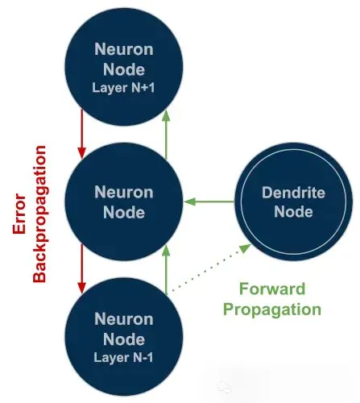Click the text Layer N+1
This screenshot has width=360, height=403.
pos(123,88)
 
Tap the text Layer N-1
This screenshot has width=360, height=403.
pos(123,357)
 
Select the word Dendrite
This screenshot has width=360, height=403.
pos(293,193)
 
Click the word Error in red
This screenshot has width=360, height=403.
pos(19,214)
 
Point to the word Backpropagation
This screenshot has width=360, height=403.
pos(39,214)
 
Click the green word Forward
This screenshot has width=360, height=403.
pos(272,289)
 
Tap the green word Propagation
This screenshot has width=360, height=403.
pos(272,310)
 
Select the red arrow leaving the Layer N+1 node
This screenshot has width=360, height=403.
pos(81,134)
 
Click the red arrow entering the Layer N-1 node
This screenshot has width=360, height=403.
pos(81,268)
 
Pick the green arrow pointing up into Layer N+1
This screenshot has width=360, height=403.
pos(167,134)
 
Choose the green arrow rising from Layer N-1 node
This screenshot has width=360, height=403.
pos(167,269)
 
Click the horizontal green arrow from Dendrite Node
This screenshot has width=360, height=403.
pos(209,201)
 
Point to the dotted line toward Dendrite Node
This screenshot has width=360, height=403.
pos(211,268)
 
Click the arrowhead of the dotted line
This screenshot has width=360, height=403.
pos(245,248)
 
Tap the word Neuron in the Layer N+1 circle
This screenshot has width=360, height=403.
pos(124,49)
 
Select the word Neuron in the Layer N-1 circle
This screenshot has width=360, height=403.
pos(124,319)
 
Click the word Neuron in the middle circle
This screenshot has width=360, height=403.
pos(124,193)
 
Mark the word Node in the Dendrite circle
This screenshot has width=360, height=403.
pos(293,211)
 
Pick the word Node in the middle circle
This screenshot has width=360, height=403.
pos(124,212)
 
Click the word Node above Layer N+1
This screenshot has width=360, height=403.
pos(124,69)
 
